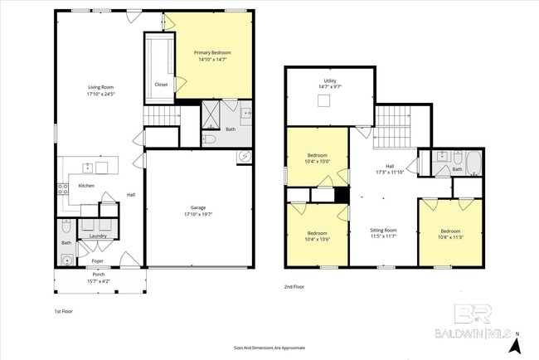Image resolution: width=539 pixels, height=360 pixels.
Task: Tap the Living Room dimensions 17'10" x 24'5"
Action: coord(101,95)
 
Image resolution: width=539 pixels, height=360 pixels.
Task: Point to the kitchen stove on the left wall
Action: coord(62,189)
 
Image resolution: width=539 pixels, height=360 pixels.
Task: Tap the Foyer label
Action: coord(98,260)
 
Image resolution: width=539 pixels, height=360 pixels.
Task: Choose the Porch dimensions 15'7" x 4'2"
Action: coord(98,281)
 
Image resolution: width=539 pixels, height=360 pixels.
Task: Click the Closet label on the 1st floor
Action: coord(161,85)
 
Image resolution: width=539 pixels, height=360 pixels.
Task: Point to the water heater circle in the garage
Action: coord(245,156)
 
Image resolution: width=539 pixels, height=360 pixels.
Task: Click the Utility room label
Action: coord(329,80)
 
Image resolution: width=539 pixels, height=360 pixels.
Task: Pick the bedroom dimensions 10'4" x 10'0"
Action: coord(318,161)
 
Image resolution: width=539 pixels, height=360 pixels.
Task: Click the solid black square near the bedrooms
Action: coord(340,196)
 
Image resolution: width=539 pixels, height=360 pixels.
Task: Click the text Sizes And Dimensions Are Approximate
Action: coord(269,348)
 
